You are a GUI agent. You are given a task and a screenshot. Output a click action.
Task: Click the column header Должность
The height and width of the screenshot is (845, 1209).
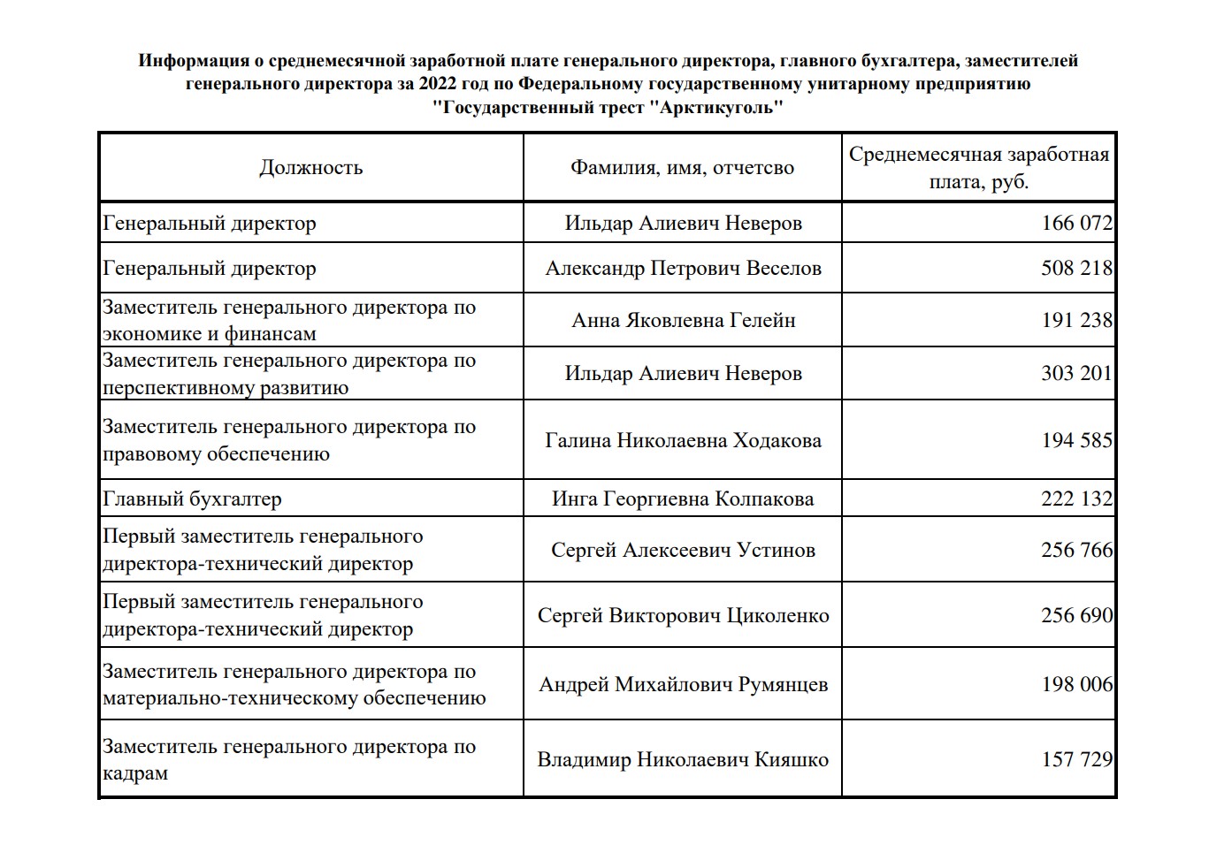(x=310, y=168)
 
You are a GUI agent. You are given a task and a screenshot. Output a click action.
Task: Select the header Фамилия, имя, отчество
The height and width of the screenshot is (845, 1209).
(x=682, y=168)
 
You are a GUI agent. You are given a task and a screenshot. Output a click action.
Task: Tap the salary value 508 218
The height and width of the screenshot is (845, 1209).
(x=1076, y=268)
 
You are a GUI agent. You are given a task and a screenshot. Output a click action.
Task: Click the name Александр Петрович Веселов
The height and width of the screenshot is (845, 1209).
(x=683, y=268)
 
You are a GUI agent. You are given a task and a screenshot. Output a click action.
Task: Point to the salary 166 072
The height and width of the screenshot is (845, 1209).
(x=1076, y=223)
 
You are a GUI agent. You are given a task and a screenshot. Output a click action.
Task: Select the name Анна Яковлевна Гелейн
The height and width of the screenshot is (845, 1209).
(x=683, y=320)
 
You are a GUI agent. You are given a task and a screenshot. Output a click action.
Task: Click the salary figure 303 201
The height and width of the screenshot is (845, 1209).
(x=1076, y=373)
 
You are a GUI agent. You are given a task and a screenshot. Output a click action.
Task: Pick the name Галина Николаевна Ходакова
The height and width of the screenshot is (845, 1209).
(x=683, y=440)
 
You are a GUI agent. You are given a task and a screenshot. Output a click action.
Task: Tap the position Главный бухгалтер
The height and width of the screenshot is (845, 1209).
(x=192, y=499)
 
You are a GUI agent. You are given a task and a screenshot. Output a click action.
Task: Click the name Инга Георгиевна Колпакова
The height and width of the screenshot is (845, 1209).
(x=683, y=499)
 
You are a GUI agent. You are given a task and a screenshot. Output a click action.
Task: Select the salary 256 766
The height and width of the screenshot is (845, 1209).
(x=1076, y=550)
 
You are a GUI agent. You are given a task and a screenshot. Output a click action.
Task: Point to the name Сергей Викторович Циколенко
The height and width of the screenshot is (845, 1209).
(x=683, y=615)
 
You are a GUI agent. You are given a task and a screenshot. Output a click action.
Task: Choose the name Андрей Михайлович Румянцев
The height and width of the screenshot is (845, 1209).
(x=683, y=684)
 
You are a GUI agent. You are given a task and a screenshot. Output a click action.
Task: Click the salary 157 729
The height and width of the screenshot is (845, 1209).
(x=1076, y=759)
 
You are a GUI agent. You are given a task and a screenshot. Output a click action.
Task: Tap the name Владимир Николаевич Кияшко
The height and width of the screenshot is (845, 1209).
(x=683, y=759)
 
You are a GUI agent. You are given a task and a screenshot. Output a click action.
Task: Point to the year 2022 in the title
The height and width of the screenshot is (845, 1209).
(x=440, y=85)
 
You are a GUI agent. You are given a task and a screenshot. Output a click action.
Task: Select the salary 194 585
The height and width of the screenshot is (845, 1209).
(x=1076, y=440)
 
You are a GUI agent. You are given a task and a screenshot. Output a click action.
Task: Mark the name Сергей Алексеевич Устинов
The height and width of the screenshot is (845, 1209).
(x=683, y=550)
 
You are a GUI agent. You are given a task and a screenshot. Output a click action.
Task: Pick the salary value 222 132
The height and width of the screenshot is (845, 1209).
(x=1076, y=499)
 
